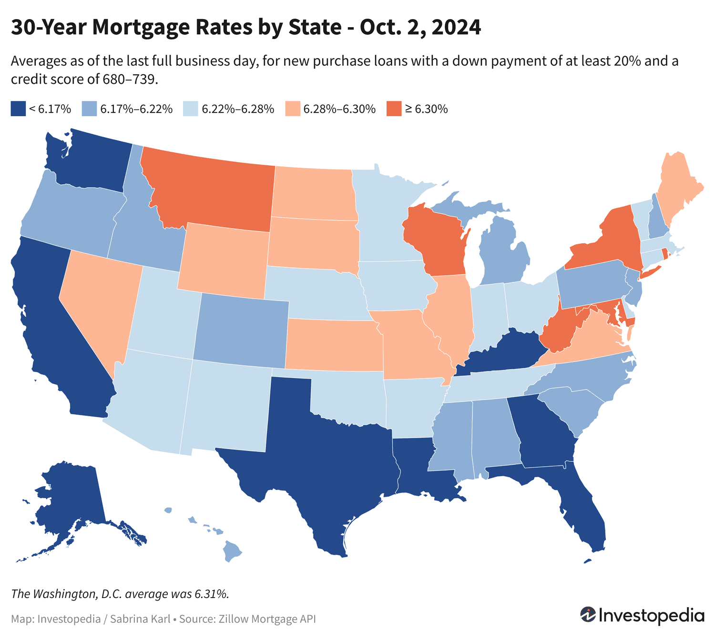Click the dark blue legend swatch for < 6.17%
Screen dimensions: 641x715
(x=18, y=109)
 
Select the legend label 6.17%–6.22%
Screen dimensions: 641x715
(x=136, y=109)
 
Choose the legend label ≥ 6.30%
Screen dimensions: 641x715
(x=426, y=109)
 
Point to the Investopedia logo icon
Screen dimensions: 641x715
(x=588, y=614)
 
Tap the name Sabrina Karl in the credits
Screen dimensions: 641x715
(x=140, y=619)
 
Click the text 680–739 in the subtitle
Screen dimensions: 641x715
(x=130, y=80)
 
